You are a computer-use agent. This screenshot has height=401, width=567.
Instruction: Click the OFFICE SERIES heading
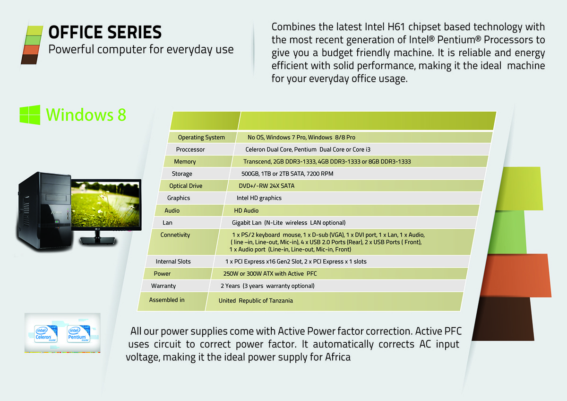coord(105,32)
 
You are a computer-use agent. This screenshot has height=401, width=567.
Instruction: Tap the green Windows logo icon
coord(30,115)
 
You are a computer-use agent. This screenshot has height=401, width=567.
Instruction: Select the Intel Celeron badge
coord(45,334)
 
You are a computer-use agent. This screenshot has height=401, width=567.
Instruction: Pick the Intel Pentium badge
coord(78,334)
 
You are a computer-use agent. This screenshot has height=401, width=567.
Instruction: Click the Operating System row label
coord(201,137)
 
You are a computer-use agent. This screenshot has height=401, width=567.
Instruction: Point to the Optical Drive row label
coord(186,186)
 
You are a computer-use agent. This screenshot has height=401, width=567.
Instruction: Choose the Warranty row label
coord(163,286)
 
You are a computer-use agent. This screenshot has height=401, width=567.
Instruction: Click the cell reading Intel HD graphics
coord(259,198)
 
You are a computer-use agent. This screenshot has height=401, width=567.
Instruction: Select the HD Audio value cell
coord(246,210)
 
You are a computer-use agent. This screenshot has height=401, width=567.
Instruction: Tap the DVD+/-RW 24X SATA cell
coord(266,186)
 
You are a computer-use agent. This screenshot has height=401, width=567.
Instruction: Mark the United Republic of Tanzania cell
coord(256,300)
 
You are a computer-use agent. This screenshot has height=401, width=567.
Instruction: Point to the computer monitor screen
coord(105,204)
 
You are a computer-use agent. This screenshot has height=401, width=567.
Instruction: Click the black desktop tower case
coord(43,211)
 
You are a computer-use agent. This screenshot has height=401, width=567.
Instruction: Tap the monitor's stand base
coord(98,241)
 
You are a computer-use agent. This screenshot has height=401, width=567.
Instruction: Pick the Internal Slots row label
coord(173,262)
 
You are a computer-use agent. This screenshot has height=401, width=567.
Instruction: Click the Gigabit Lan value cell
coord(289,223)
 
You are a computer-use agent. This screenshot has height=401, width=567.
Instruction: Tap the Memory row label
coord(185,162)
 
